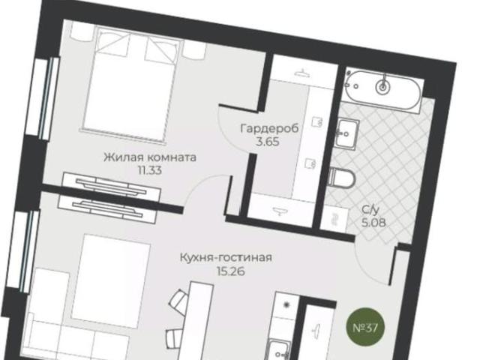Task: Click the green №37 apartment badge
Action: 365,328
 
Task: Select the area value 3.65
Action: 268,142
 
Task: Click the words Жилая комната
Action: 150,157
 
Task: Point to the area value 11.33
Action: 150,170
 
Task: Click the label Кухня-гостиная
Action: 226,257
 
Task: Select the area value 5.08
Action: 373,223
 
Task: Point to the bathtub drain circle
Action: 383,87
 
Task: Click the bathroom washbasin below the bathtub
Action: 347,134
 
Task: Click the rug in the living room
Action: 111,281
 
